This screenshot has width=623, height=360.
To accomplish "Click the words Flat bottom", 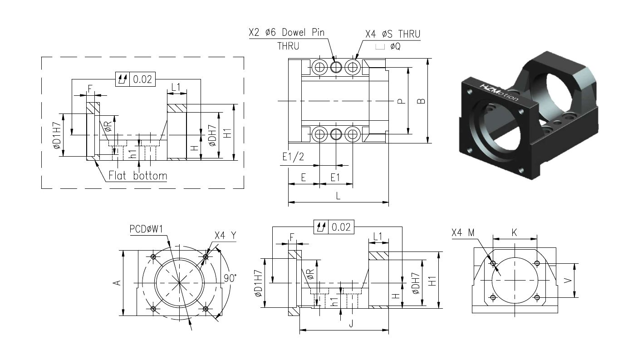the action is click(x=137, y=176).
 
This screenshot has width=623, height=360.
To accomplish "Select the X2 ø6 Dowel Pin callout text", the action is click(x=286, y=32).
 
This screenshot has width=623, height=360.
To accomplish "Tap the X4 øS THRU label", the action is click(x=392, y=34).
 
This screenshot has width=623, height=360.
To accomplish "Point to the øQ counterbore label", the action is click(x=395, y=46).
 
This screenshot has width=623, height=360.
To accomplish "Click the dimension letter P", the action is click(x=401, y=101).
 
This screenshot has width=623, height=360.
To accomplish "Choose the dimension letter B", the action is click(x=422, y=101).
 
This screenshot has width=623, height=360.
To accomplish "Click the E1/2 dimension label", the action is click(x=293, y=157).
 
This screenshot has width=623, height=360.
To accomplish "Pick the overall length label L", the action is click(x=338, y=196).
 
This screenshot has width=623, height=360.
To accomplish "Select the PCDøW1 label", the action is click(x=146, y=229).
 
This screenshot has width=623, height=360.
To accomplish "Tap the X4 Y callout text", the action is click(x=225, y=236).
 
